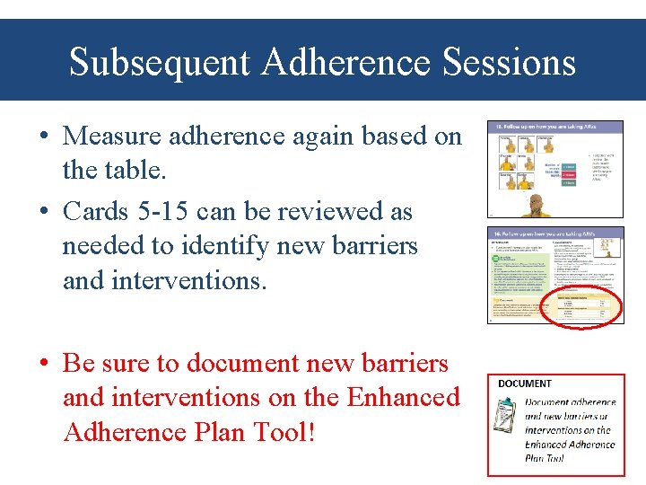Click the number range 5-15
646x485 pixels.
tap(157, 212)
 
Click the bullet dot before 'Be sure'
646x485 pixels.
tap(43, 364)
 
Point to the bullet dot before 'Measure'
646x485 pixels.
tap(43, 137)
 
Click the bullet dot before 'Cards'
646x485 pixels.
tap(43, 213)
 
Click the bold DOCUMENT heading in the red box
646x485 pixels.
tap(525, 384)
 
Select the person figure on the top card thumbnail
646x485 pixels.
tap(537, 206)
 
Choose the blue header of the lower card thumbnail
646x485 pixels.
tap(554, 233)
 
